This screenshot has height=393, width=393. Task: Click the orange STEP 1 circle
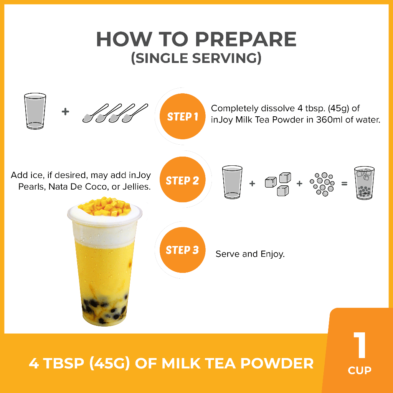[182, 116]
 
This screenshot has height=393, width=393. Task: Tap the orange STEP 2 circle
[182, 180]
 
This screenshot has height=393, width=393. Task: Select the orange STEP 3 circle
[182, 250]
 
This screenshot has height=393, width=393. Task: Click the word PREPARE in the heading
[246, 40]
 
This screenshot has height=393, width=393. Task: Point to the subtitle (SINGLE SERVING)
[196, 58]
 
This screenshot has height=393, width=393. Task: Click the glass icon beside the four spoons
[35, 111]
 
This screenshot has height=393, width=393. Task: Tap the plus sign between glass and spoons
[65, 112]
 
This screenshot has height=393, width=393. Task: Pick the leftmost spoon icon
[95, 113]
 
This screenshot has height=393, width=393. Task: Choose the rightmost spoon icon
[135, 113]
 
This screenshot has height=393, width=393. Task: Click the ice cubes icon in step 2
[278, 184]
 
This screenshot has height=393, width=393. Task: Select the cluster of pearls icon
[322, 184]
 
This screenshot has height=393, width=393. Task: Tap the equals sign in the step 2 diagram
[344, 184]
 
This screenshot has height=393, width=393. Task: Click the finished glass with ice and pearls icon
[364, 183]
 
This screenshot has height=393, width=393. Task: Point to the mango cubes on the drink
[104, 206]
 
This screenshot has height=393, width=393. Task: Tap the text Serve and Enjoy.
[250, 254]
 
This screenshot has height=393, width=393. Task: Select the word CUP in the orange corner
[360, 370]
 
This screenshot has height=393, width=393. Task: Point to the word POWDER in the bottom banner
[277, 363]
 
